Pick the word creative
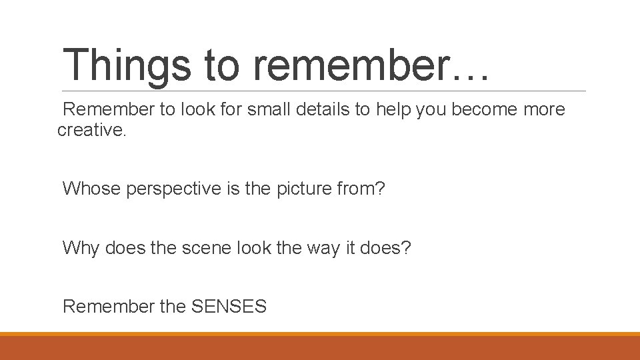tap(91, 130)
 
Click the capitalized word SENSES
tap(229, 307)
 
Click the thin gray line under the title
tap(324, 91)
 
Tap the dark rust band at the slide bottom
tap(320, 349)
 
